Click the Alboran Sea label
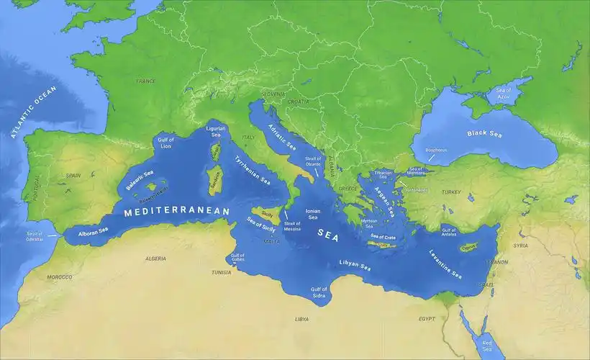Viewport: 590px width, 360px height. tap(94, 231)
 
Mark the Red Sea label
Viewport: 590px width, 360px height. tap(487, 345)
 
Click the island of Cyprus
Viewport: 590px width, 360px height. tap(469, 247)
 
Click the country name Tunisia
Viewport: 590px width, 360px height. tap(221, 272)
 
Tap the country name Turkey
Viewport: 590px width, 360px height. tap(451, 192)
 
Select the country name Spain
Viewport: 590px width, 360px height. tap(73, 175)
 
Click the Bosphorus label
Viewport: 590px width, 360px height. tap(436, 150)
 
